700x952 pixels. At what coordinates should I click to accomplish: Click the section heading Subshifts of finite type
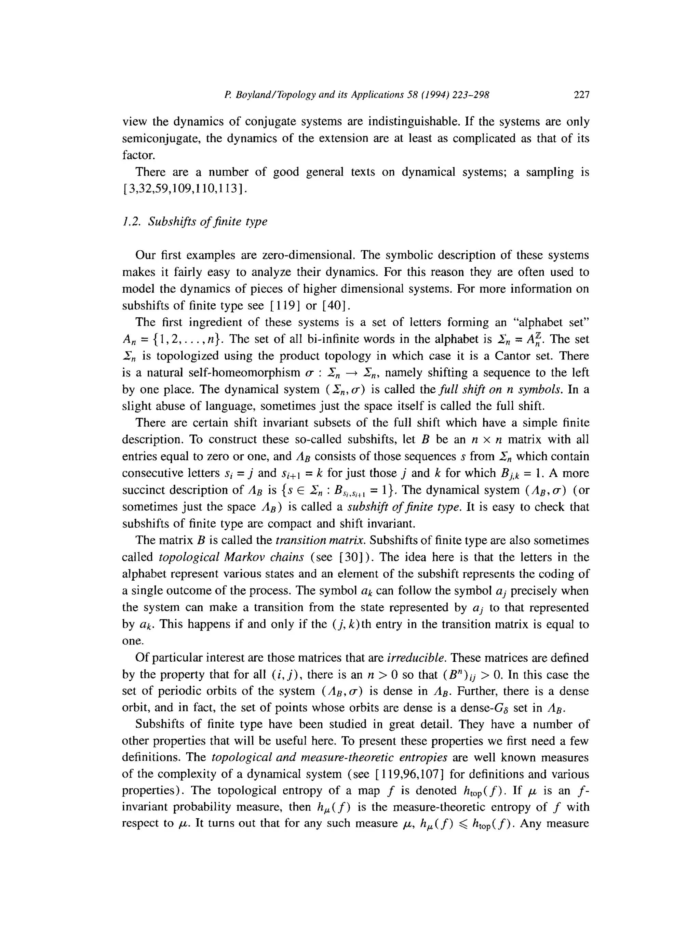pos(207,222)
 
